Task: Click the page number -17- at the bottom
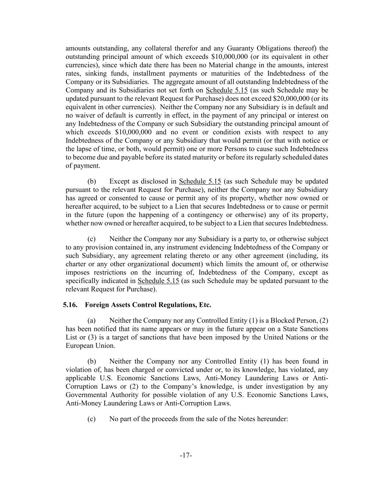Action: pos(186,456)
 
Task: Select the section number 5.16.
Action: pos(70,305)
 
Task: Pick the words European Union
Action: pos(84,346)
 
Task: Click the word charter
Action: pos(75,264)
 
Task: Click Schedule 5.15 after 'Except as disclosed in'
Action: pos(200,181)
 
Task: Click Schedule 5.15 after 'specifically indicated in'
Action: pos(158,281)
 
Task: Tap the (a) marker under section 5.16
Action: pos(92,321)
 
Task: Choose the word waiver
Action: pos(83,116)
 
